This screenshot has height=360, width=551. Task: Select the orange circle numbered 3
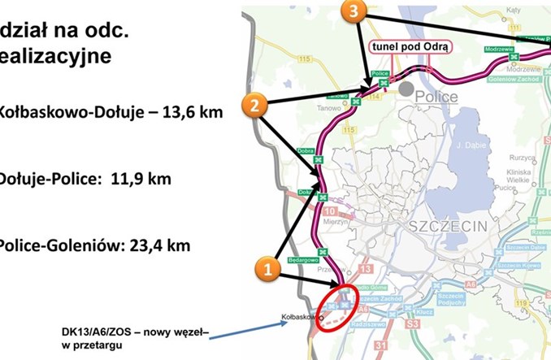[355, 11]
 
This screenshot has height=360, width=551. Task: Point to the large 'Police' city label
[437, 97]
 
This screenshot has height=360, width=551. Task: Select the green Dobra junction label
[306, 150]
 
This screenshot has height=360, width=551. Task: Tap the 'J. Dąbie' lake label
[470, 145]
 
